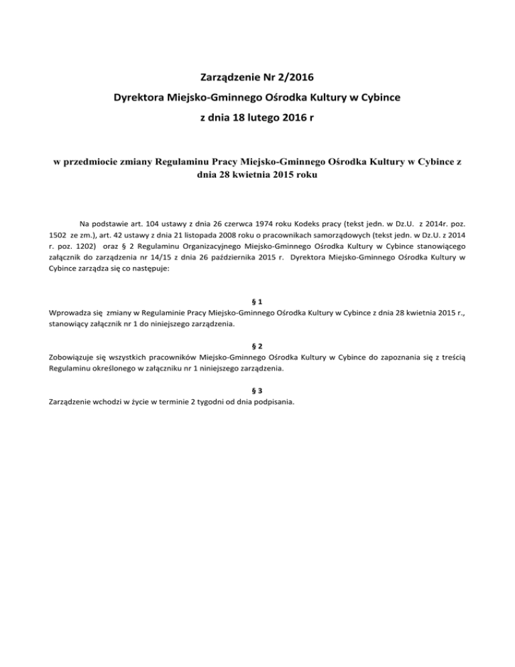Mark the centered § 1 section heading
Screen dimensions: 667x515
coord(257,301)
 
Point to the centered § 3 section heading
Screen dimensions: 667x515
coord(257,390)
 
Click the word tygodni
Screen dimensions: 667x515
coord(205,403)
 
